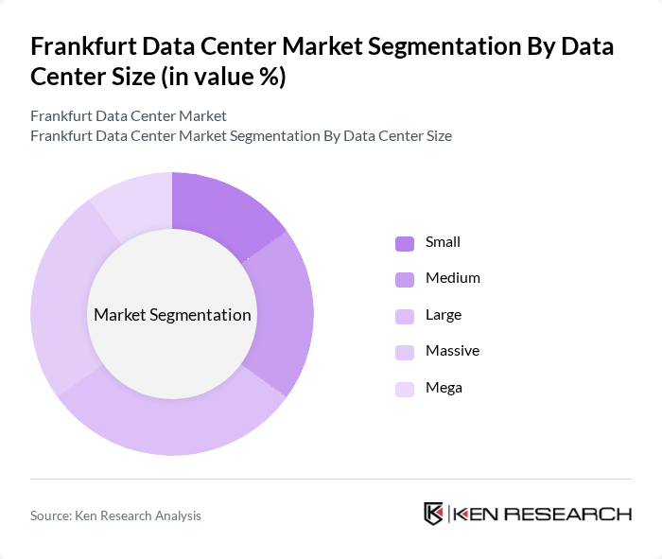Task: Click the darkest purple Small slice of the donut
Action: pos(221,211)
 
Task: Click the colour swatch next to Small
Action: pos(405,243)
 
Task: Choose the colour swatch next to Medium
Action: pos(405,279)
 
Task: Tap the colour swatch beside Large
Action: pos(405,315)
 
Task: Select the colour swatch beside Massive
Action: pos(405,352)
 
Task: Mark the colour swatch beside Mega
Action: pos(405,388)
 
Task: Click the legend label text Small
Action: pos(443,242)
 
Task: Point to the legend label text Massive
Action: pos(452,351)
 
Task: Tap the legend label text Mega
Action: pos(444,387)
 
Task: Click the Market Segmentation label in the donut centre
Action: pos(172,315)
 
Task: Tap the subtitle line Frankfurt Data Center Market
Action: pos(129,116)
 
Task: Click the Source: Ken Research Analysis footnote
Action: pos(115,515)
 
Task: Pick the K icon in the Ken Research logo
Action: pos(433,514)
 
